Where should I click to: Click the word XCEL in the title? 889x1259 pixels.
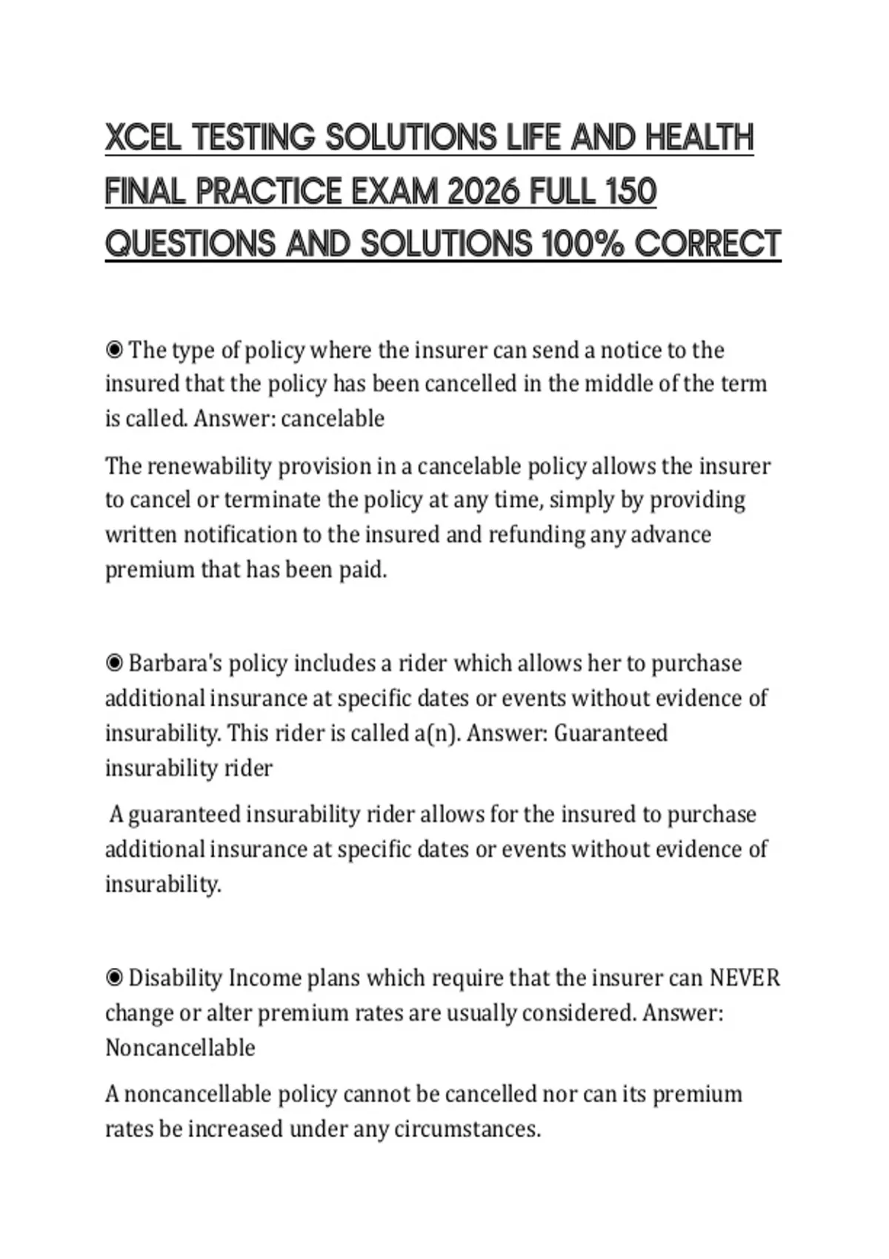tap(143, 138)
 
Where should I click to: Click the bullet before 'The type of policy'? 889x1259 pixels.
tap(114, 349)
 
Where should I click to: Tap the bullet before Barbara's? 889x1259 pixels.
tap(114, 663)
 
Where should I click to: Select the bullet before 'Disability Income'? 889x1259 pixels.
tap(114, 978)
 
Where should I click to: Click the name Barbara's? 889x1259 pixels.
tap(175, 663)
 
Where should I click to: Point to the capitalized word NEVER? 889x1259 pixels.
tap(745, 978)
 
